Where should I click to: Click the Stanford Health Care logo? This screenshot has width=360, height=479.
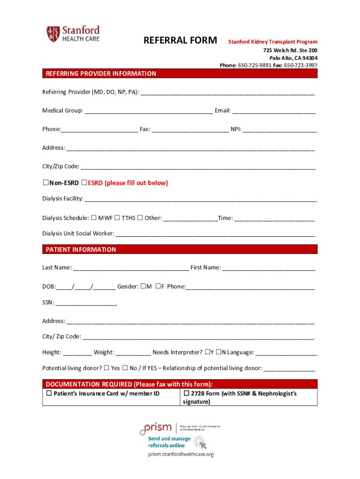tap(73, 34)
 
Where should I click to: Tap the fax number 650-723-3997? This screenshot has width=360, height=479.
tap(301, 65)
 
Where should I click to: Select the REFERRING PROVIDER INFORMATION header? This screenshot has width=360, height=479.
tap(101, 74)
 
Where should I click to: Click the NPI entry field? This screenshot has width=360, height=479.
tap(280, 130)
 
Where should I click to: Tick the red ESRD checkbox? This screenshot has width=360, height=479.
tap(84, 183)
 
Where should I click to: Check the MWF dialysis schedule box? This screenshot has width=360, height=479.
tap(94, 218)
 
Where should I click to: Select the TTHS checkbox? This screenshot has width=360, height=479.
tap(118, 218)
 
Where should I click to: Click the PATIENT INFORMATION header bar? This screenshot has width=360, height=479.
tap(180, 249)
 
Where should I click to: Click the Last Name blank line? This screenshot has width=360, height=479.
tap(131, 268)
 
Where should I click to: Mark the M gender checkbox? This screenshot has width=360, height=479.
tap(143, 286)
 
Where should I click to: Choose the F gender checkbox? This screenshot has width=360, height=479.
tap(158, 286)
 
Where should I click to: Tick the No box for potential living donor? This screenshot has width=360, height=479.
tap(125, 368)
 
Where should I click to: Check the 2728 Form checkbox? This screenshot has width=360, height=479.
tap(186, 393)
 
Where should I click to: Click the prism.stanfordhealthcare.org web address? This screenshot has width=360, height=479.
tap(180, 454)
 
